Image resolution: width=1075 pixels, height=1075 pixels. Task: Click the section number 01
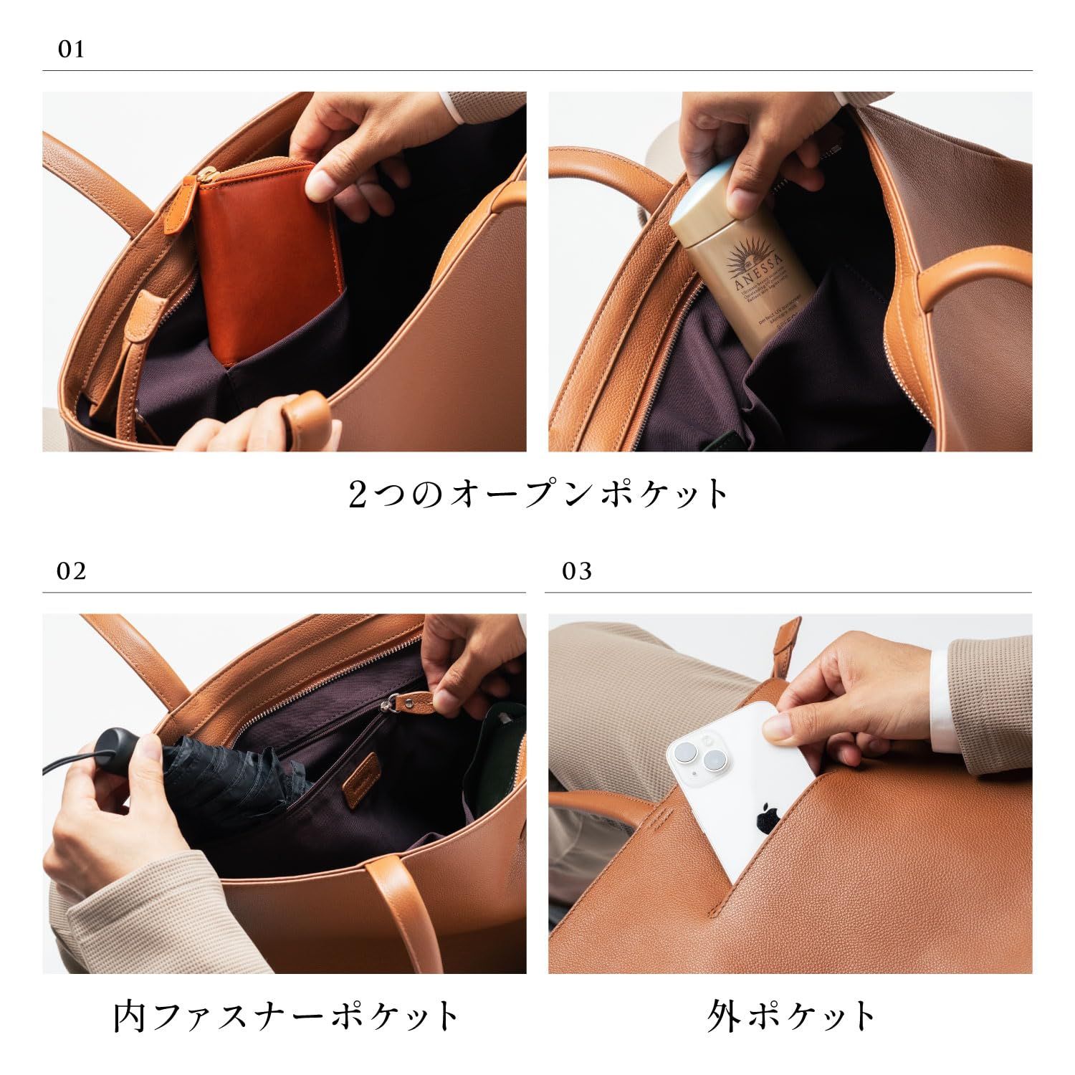71,50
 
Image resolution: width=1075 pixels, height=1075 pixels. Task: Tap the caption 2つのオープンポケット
537,494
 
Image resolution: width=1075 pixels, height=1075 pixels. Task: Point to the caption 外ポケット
791,1016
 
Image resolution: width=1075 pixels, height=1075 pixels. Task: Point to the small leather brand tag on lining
358,788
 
